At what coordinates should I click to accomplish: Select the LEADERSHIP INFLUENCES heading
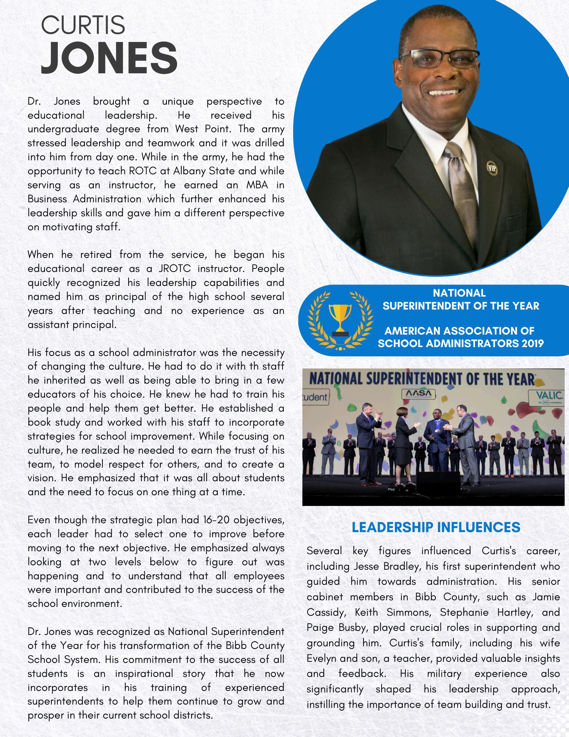[x=436, y=527]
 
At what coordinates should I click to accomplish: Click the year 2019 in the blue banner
[x=533, y=343]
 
